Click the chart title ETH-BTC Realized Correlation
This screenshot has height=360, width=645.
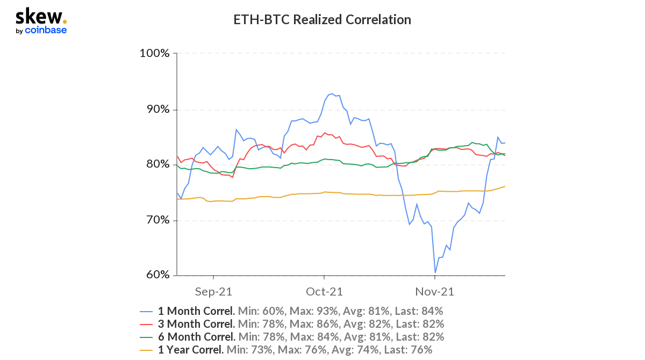tap(322, 19)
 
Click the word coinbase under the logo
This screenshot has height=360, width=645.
tap(46, 30)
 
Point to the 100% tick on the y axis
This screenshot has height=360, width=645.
tap(154, 53)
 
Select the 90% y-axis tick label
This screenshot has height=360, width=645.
tap(158, 110)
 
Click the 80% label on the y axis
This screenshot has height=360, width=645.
tap(158, 164)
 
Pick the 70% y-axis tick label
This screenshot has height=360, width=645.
tap(158, 220)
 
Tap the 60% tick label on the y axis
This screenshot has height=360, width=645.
tap(158, 275)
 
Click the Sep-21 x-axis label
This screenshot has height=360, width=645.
tap(213, 292)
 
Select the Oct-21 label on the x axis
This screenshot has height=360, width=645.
tap(324, 292)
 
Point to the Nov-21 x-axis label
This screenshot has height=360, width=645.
tap(434, 292)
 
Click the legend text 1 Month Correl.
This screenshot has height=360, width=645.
tap(196, 311)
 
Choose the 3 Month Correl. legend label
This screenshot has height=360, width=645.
tap(196, 324)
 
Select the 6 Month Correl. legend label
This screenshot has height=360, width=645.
tap(197, 337)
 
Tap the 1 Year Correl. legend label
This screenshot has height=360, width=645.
tap(191, 350)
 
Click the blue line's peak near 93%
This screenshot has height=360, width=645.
tap(332, 93)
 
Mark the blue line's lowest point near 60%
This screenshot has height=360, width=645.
tap(435, 272)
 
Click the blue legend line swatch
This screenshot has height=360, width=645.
tap(146, 312)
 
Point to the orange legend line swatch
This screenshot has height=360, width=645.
tap(146, 350)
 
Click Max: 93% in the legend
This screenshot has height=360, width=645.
tap(313, 311)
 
